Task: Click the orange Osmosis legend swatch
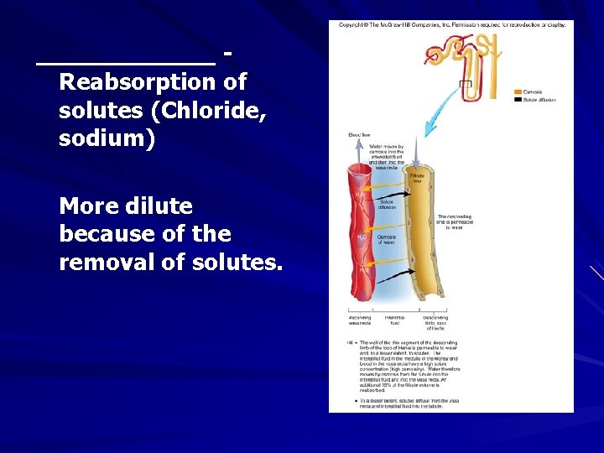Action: (518, 91)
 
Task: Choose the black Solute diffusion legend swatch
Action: (518, 100)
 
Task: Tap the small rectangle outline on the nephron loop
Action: (466, 84)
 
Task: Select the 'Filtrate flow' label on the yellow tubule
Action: (418, 178)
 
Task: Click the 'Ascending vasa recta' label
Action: (360, 320)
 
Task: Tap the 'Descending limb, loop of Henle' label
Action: (435, 322)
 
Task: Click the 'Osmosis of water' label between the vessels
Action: (387, 240)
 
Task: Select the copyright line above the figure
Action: (452, 25)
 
